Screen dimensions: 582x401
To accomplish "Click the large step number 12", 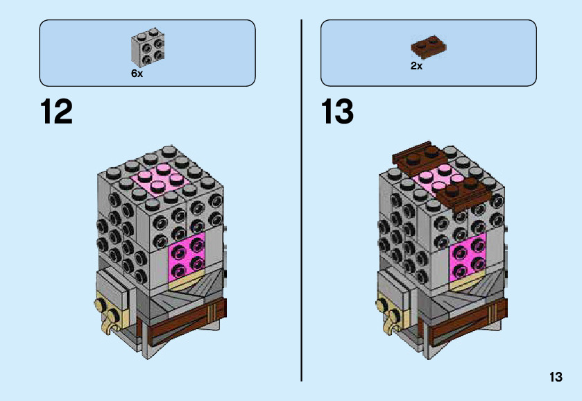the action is point(56,112).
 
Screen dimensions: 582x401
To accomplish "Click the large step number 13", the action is point(337,112).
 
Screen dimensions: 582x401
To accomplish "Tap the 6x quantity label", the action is point(137,74).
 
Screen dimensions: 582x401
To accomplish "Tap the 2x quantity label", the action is point(416,67).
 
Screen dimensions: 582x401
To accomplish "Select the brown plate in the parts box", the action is point(427,46).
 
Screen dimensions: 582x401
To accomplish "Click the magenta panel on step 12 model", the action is point(187,257).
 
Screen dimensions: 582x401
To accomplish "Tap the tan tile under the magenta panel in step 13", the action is point(468,284).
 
